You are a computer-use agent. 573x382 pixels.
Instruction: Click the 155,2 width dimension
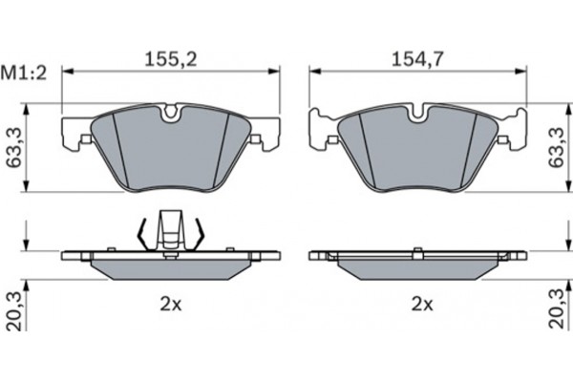click(x=171, y=59)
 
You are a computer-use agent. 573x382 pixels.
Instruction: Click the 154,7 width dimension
click(x=417, y=59)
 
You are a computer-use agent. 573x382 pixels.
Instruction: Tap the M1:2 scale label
click(x=24, y=74)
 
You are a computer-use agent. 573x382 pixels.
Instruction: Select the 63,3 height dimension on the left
click(x=14, y=148)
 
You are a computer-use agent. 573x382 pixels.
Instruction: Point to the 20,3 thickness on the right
click(x=558, y=309)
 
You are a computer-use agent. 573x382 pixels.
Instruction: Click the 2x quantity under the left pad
click(x=171, y=304)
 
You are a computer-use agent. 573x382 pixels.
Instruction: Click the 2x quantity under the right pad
click(x=422, y=304)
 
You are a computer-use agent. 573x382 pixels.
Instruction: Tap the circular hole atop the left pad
click(x=170, y=113)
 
